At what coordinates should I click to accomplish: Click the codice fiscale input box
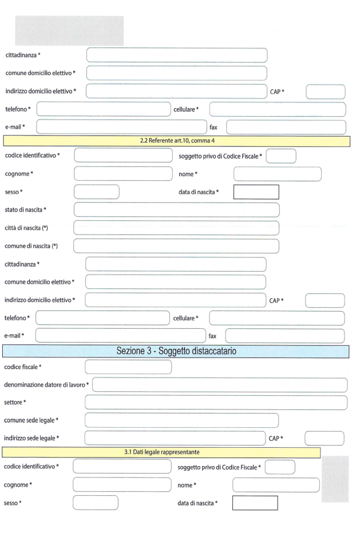tap(128, 367)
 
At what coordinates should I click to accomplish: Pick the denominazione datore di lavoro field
tap(220, 384)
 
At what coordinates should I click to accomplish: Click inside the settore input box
tap(216, 402)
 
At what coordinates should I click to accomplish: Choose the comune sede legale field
tap(181, 420)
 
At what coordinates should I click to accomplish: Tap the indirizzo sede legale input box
tap(175, 439)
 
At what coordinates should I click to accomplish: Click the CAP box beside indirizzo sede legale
tap(324, 439)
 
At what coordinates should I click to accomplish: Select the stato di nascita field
tap(176, 209)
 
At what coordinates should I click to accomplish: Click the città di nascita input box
tap(176, 228)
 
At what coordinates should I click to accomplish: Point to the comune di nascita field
tap(176, 246)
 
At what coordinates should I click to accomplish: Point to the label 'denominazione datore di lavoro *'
tap(46, 384)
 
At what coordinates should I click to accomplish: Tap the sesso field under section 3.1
tap(96, 503)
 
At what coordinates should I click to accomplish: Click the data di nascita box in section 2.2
tap(256, 192)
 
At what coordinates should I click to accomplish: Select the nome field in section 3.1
tap(276, 485)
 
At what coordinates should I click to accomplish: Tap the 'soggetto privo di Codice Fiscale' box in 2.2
tap(281, 156)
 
